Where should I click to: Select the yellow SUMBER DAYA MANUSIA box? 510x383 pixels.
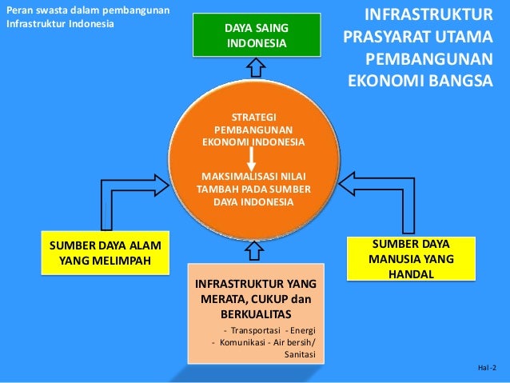pos(410,258)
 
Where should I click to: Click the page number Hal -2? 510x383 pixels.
pos(486,367)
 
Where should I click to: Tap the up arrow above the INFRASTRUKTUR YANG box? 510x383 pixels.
pos(254,251)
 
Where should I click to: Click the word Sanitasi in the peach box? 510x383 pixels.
pos(300,355)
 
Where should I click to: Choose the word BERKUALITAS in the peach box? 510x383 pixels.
pos(256,313)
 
